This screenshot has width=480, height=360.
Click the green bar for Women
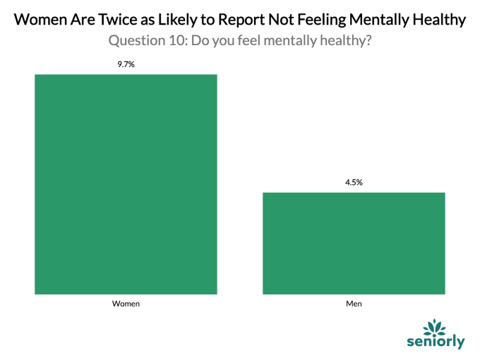(x=126, y=184)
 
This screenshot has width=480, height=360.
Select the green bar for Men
(x=354, y=244)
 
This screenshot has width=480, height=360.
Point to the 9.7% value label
(x=126, y=64)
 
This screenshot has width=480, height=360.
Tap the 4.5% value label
(x=354, y=182)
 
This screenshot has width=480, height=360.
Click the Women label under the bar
(x=126, y=304)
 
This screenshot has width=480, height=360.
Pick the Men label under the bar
(x=354, y=304)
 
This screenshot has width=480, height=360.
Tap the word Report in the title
(x=241, y=20)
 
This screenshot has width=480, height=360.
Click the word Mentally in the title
(x=379, y=20)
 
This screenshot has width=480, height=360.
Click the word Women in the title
(x=40, y=20)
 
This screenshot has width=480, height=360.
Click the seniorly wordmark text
(x=436, y=342)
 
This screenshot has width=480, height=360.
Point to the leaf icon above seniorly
(x=434, y=326)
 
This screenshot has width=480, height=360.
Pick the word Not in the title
(x=282, y=20)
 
